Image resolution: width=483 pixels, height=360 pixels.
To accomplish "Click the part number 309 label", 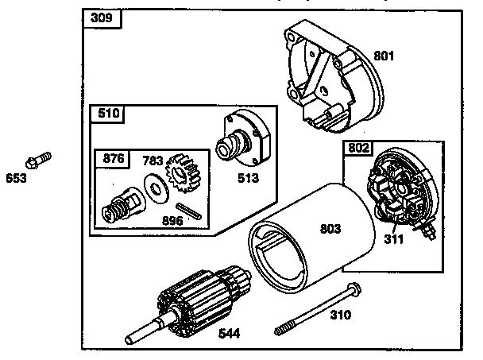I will pos(101,18).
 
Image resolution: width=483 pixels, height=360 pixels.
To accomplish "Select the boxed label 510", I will pos(108,114).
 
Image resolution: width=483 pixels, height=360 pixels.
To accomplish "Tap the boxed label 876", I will pos(114,158).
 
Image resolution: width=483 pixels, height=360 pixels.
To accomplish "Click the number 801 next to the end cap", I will pos(384,56).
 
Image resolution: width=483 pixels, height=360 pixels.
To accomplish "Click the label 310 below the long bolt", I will pos(340,315).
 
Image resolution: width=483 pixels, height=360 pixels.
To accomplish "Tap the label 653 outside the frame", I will pos(16,178).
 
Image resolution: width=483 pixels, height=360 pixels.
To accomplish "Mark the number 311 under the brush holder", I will pos(394,238).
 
